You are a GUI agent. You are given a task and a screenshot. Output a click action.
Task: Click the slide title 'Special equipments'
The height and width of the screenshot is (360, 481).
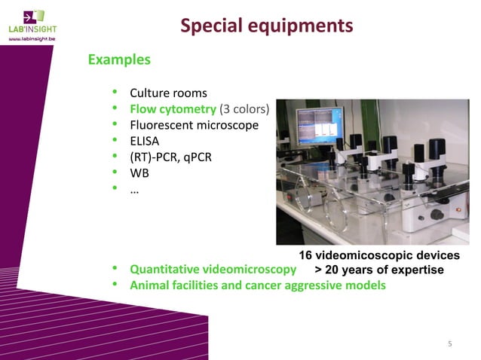pyautogui.click(x=266, y=26)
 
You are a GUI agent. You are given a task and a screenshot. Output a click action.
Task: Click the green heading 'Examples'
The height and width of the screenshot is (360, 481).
pyautogui.click(x=119, y=59)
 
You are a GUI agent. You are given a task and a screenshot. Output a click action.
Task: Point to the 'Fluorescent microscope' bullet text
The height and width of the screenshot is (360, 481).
pyautogui.click(x=194, y=125)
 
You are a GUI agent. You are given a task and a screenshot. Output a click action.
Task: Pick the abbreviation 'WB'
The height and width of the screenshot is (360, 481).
pyautogui.click(x=139, y=172)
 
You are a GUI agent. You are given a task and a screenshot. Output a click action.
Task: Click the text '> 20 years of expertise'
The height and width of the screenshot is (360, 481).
pyautogui.click(x=378, y=270)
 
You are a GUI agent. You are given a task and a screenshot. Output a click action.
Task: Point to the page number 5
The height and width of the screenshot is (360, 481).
pyautogui.click(x=450, y=345)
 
